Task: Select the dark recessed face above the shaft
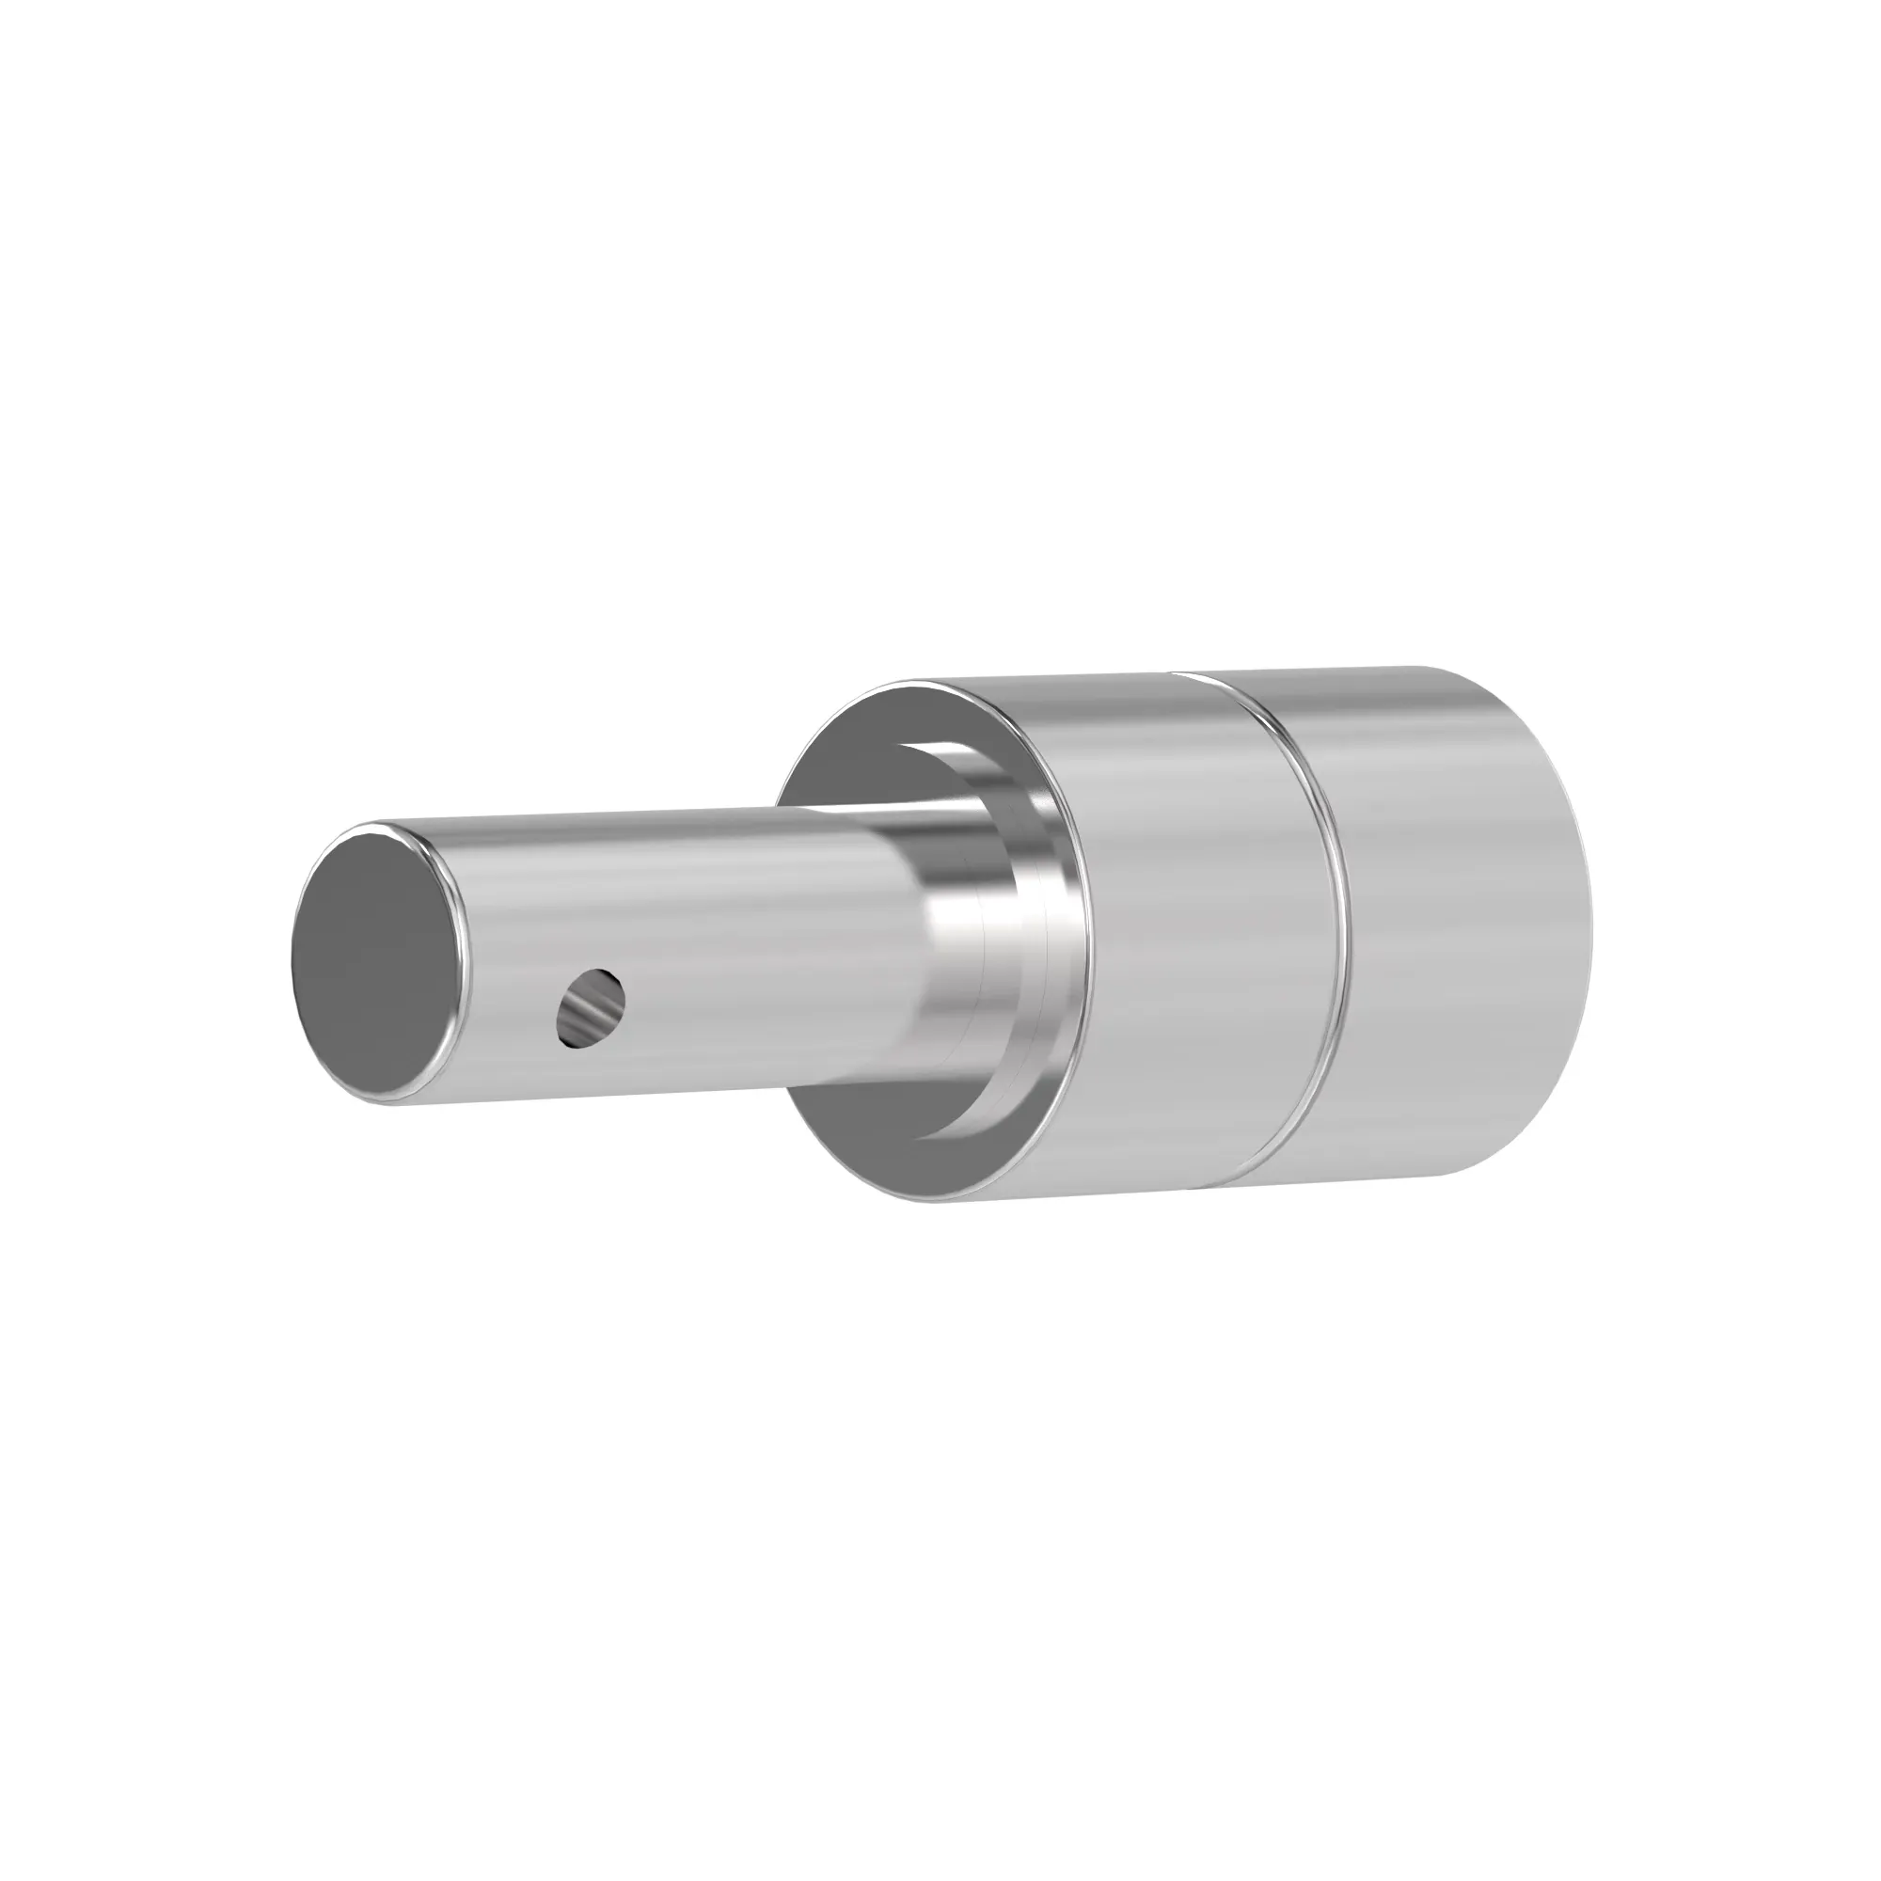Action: pyautogui.click(x=857, y=769)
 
